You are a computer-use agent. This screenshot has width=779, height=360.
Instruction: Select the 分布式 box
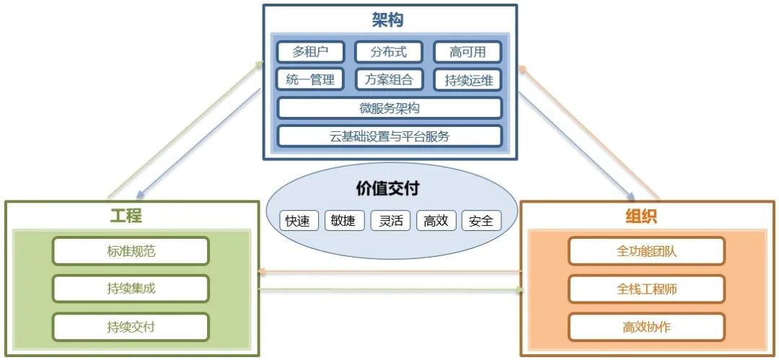point(389,52)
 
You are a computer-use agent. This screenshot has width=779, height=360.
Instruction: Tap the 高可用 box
point(467,52)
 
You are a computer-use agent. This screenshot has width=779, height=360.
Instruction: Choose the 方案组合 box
point(389,79)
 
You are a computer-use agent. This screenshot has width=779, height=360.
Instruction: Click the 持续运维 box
point(467,80)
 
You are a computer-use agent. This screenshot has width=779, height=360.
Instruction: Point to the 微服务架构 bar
point(389,108)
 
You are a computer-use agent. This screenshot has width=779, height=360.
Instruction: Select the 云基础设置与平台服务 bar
point(389,136)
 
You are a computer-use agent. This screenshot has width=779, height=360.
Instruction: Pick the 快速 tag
point(298,221)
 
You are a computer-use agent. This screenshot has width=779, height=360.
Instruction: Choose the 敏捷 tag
point(343,221)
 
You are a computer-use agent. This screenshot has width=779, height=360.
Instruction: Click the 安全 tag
point(480,221)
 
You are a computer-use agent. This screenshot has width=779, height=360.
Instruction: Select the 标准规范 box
point(131,251)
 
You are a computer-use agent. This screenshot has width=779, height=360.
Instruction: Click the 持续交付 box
point(131,327)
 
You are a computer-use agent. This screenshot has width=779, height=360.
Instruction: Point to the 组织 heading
point(641,216)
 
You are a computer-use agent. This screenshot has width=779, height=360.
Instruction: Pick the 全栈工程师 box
point(646,289)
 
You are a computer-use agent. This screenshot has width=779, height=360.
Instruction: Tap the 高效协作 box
point(646,327)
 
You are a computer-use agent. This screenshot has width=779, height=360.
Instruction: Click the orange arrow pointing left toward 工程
point(389,272)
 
